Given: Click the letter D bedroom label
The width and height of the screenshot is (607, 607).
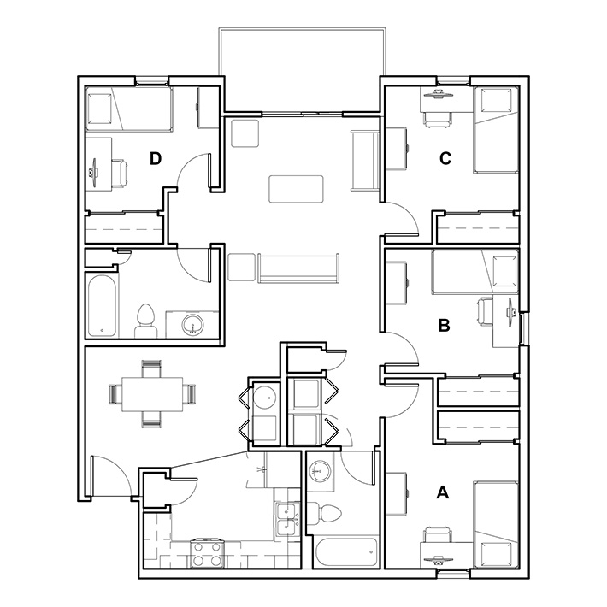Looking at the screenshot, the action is (156, 158).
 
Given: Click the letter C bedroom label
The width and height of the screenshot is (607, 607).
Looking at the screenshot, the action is (445, 158).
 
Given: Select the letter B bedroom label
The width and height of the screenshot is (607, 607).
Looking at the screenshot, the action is (444, 326).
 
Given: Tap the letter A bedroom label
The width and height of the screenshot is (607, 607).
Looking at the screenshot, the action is (443, 492).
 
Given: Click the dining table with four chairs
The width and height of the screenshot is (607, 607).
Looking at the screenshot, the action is (152, 394).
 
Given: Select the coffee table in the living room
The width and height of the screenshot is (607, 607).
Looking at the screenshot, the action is (296, 189).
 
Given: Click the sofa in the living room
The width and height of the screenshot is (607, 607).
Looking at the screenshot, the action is (298, 268).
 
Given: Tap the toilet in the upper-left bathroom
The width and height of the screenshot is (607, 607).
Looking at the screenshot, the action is (146, 321).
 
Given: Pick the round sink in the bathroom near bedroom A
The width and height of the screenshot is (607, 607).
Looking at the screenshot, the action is (320, 472).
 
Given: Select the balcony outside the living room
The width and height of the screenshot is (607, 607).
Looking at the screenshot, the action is (302, 70).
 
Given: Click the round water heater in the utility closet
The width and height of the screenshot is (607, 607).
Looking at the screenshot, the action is (265, 398).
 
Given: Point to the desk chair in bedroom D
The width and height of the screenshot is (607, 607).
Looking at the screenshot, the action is (120, 173).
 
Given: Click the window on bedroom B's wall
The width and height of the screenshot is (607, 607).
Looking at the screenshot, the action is (524, 328).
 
